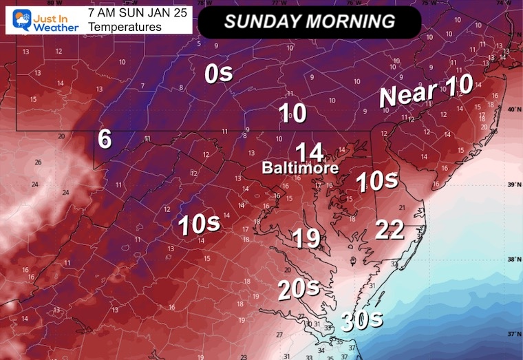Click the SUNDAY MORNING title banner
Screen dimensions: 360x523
(309, 21)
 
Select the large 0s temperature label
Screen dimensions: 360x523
(219, 74)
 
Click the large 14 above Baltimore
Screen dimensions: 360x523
(309, 151)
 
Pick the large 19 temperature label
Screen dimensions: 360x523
(306, 238)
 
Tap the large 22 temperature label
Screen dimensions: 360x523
(389, 230)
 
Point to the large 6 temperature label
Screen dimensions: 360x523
(105, 139)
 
